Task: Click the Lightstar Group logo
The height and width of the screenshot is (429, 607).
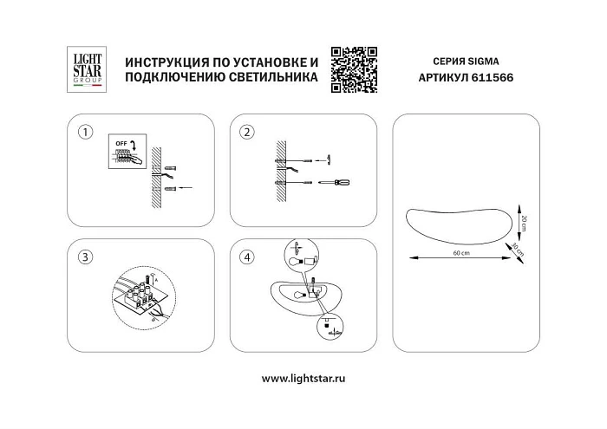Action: [84, 69]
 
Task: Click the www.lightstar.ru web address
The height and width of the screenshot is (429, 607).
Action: [303, 379]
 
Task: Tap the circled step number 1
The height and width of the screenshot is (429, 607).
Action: [84, 133]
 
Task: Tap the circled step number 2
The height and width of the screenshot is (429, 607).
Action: [247, 133]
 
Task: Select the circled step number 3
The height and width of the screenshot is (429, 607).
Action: [84, 257]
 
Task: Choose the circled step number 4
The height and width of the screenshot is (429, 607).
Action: [247, 257]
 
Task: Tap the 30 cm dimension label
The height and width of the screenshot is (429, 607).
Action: [519, 249]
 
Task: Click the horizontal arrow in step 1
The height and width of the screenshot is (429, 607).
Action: [185, 187]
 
